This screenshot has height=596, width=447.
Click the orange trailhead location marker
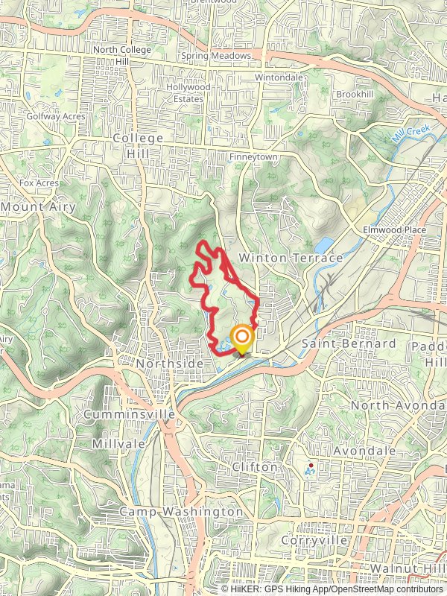[x=242, y=337]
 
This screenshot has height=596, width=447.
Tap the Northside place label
[x=170, y=363]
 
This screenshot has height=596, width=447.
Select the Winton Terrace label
[x=290, y=258]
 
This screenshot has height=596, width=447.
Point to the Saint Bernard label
[x=348, y=343]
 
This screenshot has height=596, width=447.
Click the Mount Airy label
[x=39, y=206]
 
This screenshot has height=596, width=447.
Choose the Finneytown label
[x=253, y=157]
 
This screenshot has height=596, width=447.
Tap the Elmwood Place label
[x=394, y=230]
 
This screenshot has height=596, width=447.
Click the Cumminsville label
[x=130, y=413]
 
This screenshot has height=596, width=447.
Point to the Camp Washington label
[x=181, y=512]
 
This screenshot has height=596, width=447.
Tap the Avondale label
[x=364, y=451]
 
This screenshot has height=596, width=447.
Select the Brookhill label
[x=354, y=95]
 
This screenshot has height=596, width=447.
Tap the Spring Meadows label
[x=217, y=56]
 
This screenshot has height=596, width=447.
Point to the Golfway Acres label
[x=56, y=116]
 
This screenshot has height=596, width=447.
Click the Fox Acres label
[x=39, y=183]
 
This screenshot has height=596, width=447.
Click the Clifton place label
[x=254, y=467]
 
